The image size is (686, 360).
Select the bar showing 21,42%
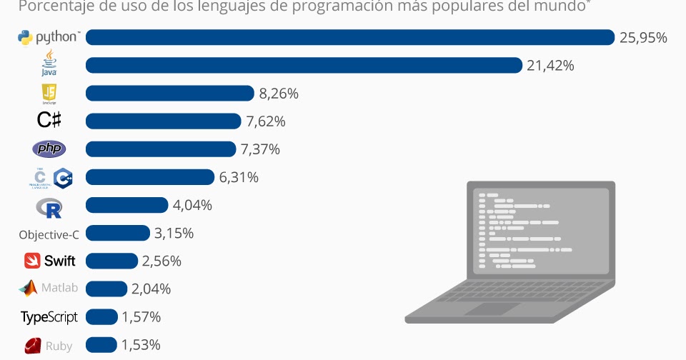pyautogui.click(x=304, y=65)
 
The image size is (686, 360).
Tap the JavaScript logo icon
pyautogui.click(x=49, y=93)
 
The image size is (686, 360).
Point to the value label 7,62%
pyautogui.click(x=266, y=121)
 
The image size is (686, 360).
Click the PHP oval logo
pyautogui.click(x=49, y=149)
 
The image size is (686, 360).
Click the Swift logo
pyautogui.click(x=49, y=261)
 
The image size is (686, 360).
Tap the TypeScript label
pyautogui.click(x=49, y=316)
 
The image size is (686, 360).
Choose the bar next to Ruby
pyautogui.click(x=101, y=345)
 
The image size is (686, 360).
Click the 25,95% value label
pyautogui.click(x=643, y=37)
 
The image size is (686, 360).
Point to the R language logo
pyautogui.click(x=49, y=206)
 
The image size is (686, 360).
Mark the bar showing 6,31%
pyautogui.click(x=150, y=177)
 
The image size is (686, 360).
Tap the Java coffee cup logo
pyautogui.click(x=49, y=62)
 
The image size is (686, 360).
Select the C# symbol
pyautogui.click(x=49, y=121)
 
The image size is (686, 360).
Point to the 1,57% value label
pyautogui.click(x=141, y=317)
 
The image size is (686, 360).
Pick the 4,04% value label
pyautogui.click(x=192, y=205)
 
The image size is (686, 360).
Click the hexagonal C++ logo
pyautogui.click(x=63, y=179)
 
